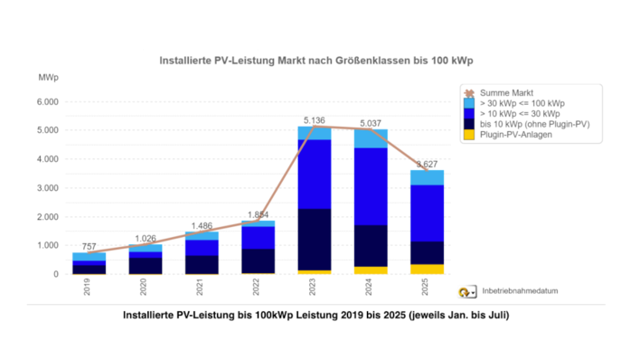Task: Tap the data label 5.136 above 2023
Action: tap(314, 119)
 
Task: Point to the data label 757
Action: tap(89, 245)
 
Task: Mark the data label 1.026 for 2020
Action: tap(145, 237)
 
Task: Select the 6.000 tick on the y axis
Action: tap(45, 101)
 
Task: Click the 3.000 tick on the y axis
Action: tap(45, 188)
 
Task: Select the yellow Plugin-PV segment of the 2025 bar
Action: tap(427, 269)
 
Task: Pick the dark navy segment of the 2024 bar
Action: tap(371, 245)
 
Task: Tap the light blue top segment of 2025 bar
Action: tap(427, 177)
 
